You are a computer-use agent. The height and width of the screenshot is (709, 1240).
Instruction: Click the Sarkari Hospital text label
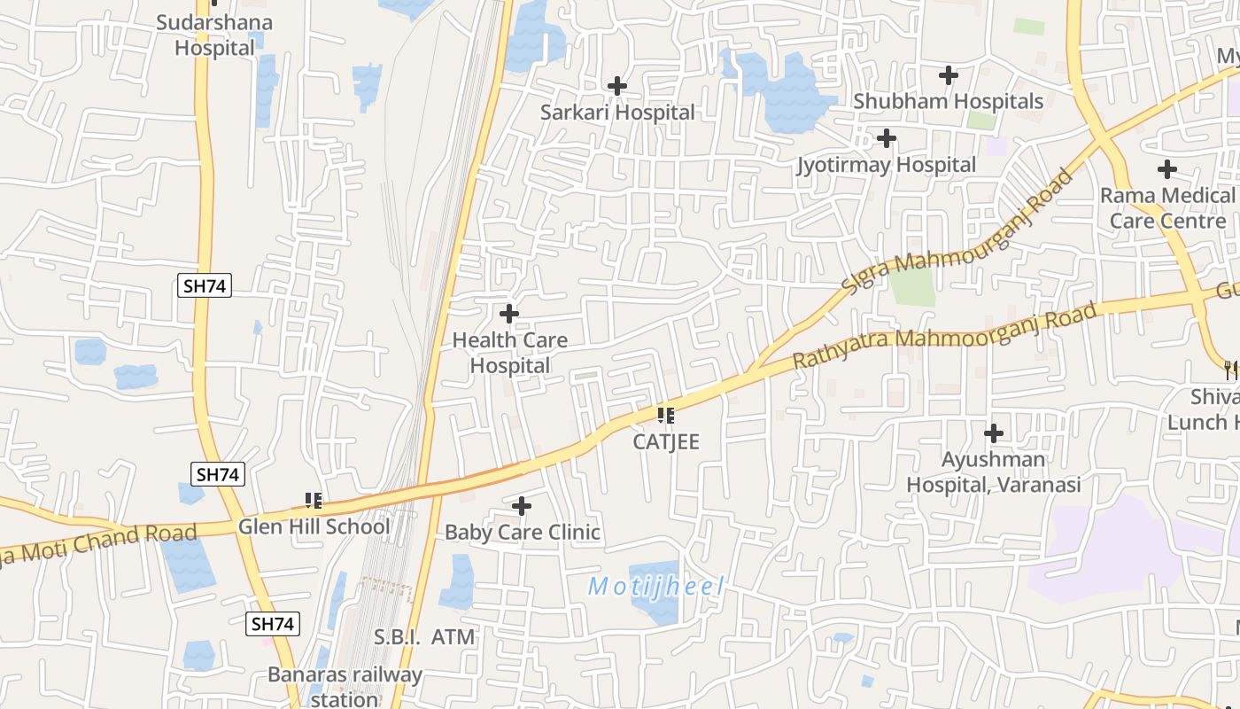coord(617,113)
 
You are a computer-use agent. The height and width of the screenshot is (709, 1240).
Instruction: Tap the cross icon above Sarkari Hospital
coord(617,86)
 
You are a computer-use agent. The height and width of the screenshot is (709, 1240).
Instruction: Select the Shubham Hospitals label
coord(948,101)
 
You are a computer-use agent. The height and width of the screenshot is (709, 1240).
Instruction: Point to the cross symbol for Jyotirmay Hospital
coord(886,138)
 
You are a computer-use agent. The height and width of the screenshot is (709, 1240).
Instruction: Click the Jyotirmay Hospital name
coord(886,165)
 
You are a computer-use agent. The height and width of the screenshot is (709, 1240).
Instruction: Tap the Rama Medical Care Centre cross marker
coord(1167,168)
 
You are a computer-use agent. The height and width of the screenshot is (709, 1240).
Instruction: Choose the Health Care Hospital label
coord(509,353)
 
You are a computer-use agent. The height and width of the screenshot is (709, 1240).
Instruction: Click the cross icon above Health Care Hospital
coord(509,314)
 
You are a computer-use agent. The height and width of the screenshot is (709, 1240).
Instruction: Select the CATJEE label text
coord(666,441)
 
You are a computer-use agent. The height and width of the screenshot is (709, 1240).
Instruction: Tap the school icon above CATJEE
coord(666,415)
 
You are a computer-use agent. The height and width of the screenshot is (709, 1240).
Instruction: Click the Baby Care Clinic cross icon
coord(523,506)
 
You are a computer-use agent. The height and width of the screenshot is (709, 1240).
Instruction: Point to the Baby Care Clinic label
coord(523,533)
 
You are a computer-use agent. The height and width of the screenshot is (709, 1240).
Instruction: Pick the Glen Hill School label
coord(314,526)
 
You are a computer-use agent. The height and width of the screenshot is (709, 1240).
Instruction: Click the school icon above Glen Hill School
coord(313,501)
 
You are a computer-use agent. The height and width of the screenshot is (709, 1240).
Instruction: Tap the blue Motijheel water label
coord(656,587)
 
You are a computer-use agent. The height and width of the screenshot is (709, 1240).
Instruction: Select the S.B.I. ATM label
coord(424,637)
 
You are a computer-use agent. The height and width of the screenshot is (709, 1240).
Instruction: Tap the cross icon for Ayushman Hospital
coord(994,433)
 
